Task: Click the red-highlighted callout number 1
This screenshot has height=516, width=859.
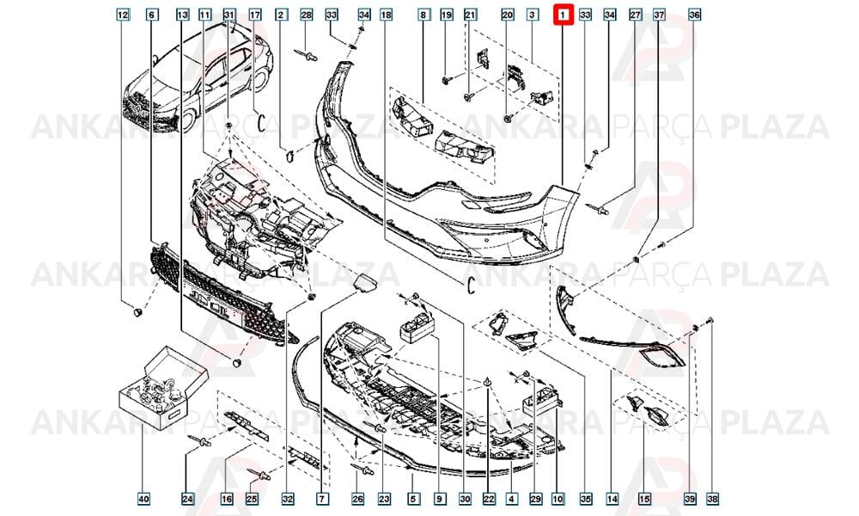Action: point(563,15)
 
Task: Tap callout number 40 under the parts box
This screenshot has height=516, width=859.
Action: point(143,499)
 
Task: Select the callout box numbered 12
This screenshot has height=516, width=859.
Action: point(123,15)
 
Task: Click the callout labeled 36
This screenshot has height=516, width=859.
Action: point(694,15)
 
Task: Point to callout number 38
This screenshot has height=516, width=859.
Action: point(712,499)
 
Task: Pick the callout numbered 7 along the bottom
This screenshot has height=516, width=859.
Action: point(322,499)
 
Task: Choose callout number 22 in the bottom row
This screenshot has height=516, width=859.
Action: point(489,499)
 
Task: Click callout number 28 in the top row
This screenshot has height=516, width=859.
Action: point(307,15)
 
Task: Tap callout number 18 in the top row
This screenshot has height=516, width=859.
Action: point(387,15)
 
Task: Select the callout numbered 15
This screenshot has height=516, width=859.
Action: point(644,499)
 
